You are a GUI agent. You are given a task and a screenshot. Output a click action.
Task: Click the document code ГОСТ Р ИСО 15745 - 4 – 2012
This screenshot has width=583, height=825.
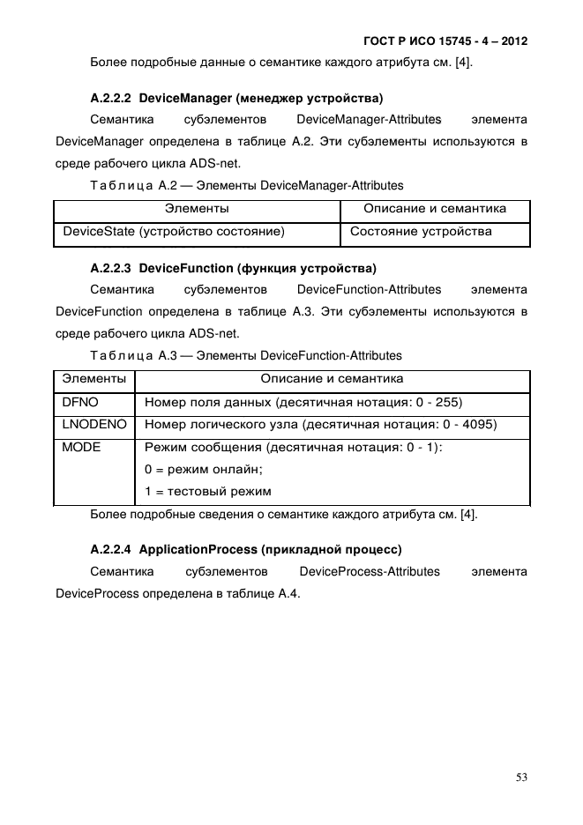click(x=445, y=41)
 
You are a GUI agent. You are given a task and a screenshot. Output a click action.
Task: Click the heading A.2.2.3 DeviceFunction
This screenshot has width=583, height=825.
click(x=233, y=268)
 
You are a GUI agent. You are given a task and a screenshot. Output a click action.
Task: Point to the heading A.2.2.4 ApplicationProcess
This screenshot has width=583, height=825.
click(x=246, y=549)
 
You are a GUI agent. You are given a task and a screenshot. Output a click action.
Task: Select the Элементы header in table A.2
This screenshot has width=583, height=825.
click(x=197, y=209)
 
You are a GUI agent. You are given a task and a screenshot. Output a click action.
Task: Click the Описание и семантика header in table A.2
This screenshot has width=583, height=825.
click(x=435, y=209)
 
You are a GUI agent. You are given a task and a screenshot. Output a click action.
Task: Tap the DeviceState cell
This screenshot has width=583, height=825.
click(x=173, y=232)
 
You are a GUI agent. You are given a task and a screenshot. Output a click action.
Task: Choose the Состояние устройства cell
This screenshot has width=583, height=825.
click(x=421, y=232)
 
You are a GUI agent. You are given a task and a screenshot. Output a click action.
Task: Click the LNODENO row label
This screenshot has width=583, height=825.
click(x=94, y=425)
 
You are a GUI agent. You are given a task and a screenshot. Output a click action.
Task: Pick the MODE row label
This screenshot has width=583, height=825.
click(x=81, y=448)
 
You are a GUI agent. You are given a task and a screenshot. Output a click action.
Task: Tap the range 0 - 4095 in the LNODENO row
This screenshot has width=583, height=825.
click(x=468, y=425)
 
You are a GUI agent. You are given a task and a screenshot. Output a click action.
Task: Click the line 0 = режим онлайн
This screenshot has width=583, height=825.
click(x=198, y=470)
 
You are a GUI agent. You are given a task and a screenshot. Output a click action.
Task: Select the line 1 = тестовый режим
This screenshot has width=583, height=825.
click(x=207, y=492)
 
